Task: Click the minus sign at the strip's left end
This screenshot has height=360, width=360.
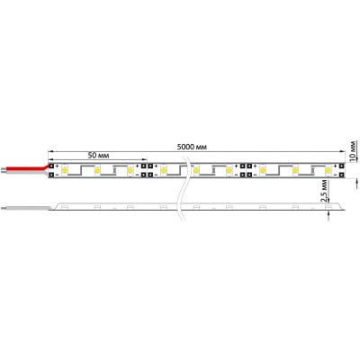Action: [x=57, y=175]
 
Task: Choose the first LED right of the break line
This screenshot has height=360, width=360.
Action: [x=194, y=168]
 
